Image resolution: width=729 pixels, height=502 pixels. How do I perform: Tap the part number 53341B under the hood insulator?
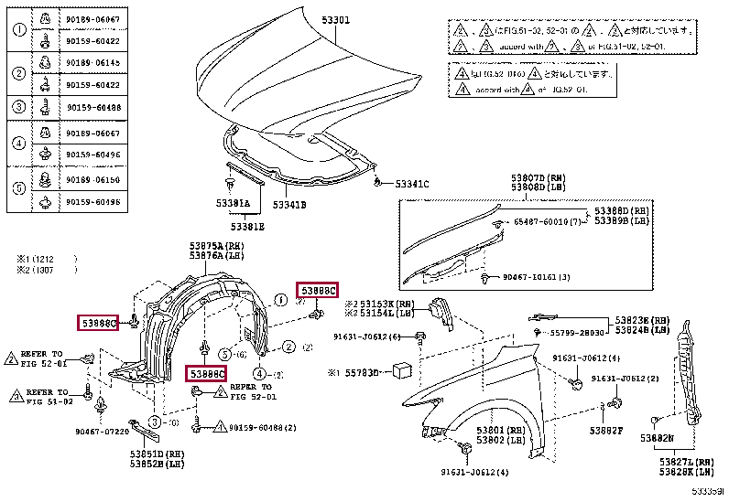[x=288, y=205]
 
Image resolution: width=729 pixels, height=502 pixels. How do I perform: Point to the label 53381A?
[x=234, y=203]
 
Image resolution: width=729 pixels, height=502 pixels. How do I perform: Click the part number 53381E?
[x=247, y=226]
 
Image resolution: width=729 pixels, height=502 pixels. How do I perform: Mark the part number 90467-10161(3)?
[x=537, y=277]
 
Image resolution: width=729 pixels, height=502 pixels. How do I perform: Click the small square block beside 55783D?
[x=401, y=369]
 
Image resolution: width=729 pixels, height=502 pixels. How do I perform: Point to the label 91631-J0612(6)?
[x=366, y=336]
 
